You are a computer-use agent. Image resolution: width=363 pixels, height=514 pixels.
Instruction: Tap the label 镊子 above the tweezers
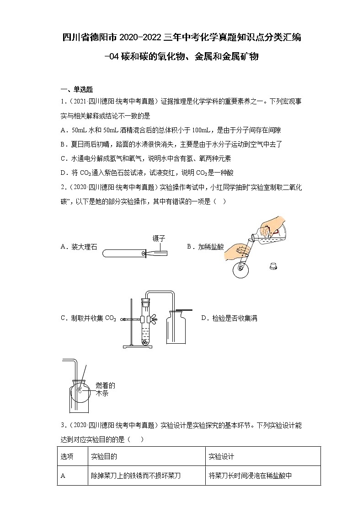[x=158, y=238]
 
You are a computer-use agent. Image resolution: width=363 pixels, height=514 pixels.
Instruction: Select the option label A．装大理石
[x=79, y=247]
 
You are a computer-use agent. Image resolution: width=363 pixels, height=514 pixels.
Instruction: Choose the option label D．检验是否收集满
[x=229, y=318]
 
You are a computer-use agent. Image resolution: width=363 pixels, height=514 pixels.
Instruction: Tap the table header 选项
[x=67, y=456]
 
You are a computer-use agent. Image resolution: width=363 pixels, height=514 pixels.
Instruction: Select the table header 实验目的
[x=104, y=456]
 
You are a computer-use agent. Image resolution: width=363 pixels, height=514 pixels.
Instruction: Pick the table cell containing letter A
[x=64, y=476]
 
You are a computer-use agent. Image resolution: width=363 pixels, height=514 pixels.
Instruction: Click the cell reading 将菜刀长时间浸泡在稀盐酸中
[x=250, y=476]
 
